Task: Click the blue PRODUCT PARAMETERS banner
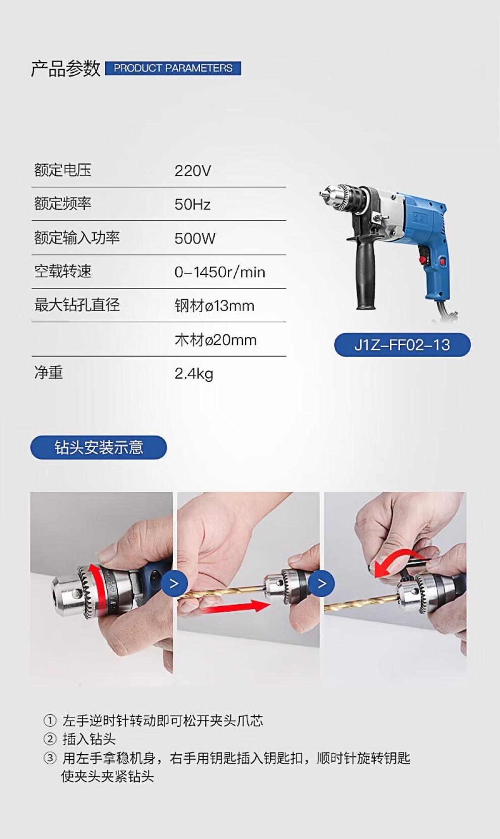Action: [x=173, y=68]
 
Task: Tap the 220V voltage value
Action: [x=192, y=171]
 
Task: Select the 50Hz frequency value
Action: [x=192, y=205]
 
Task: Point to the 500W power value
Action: [x=195, y=238]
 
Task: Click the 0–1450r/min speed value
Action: [x=220, y=272]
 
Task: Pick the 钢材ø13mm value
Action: [x=215, y=306]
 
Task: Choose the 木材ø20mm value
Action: [x=216, y=340]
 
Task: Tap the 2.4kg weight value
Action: [x=193, y=374]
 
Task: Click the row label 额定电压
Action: [x=63, y=170]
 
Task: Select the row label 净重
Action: [x=48, y=373]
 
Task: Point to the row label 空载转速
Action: [x=63, y=271]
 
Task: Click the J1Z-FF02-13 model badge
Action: [x=402, y=344]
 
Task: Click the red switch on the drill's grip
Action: [x=444, y=261]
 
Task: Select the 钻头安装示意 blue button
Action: [x=98, y=447]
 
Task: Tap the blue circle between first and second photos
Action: [x=174, y=583]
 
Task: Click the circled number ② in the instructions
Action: [x=50, y=738]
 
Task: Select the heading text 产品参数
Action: [x=66, y=69]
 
